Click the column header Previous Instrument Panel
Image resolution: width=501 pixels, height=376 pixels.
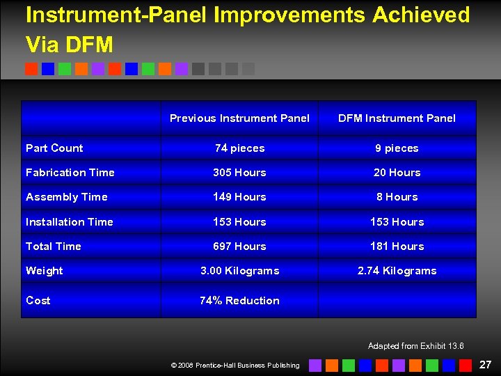click(239, 118)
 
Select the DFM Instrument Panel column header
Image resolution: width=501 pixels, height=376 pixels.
click(397, 118)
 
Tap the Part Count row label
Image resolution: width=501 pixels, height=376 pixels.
click(54, 148)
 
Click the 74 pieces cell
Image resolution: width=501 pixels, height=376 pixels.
click(239, 148)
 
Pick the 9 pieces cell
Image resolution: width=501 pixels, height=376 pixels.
click(397, 148)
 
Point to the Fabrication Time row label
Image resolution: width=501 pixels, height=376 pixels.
click(70, 173)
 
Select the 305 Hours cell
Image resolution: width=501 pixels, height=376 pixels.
click(239, 173)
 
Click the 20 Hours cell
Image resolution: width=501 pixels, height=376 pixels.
click(397, 173)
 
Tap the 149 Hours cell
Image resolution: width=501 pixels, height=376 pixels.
click(239, 197)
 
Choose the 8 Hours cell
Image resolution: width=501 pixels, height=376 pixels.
click(397, 197)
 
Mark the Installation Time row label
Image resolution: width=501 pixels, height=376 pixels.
click(70, 222)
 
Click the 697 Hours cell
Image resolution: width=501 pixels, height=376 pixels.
click(239, 246)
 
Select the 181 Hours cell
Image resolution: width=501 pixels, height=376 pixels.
click(397, 246)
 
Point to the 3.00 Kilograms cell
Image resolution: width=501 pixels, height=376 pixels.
click(239, 271)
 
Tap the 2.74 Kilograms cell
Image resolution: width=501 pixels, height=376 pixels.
click(397, 271)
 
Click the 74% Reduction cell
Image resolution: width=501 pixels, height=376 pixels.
click(239, 301)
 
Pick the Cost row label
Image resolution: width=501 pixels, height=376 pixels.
click(38, 301)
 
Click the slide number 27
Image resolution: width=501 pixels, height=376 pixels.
click(485, 364)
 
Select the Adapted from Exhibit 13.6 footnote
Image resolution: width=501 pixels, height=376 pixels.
click(415, 346)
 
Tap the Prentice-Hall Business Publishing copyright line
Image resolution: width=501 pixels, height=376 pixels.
click(235, 366)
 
